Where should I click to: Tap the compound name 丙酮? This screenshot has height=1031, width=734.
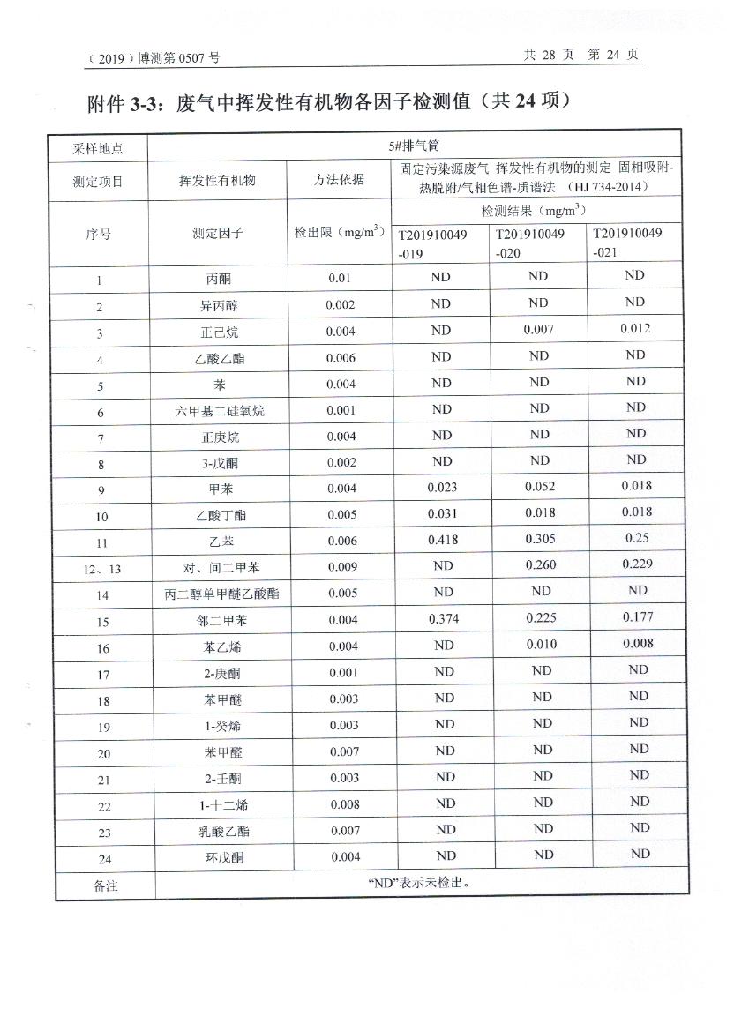point(217,279)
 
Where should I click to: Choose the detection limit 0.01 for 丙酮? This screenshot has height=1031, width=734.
point(340,279)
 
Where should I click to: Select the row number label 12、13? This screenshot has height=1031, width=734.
point(102,569)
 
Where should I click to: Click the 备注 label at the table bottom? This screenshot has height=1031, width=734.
point(105,885)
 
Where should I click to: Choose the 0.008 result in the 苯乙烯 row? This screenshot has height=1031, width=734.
point(637,644)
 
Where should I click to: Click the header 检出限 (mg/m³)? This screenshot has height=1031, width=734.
point(340,233)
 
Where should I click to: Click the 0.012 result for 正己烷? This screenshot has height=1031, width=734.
point(635,328)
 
